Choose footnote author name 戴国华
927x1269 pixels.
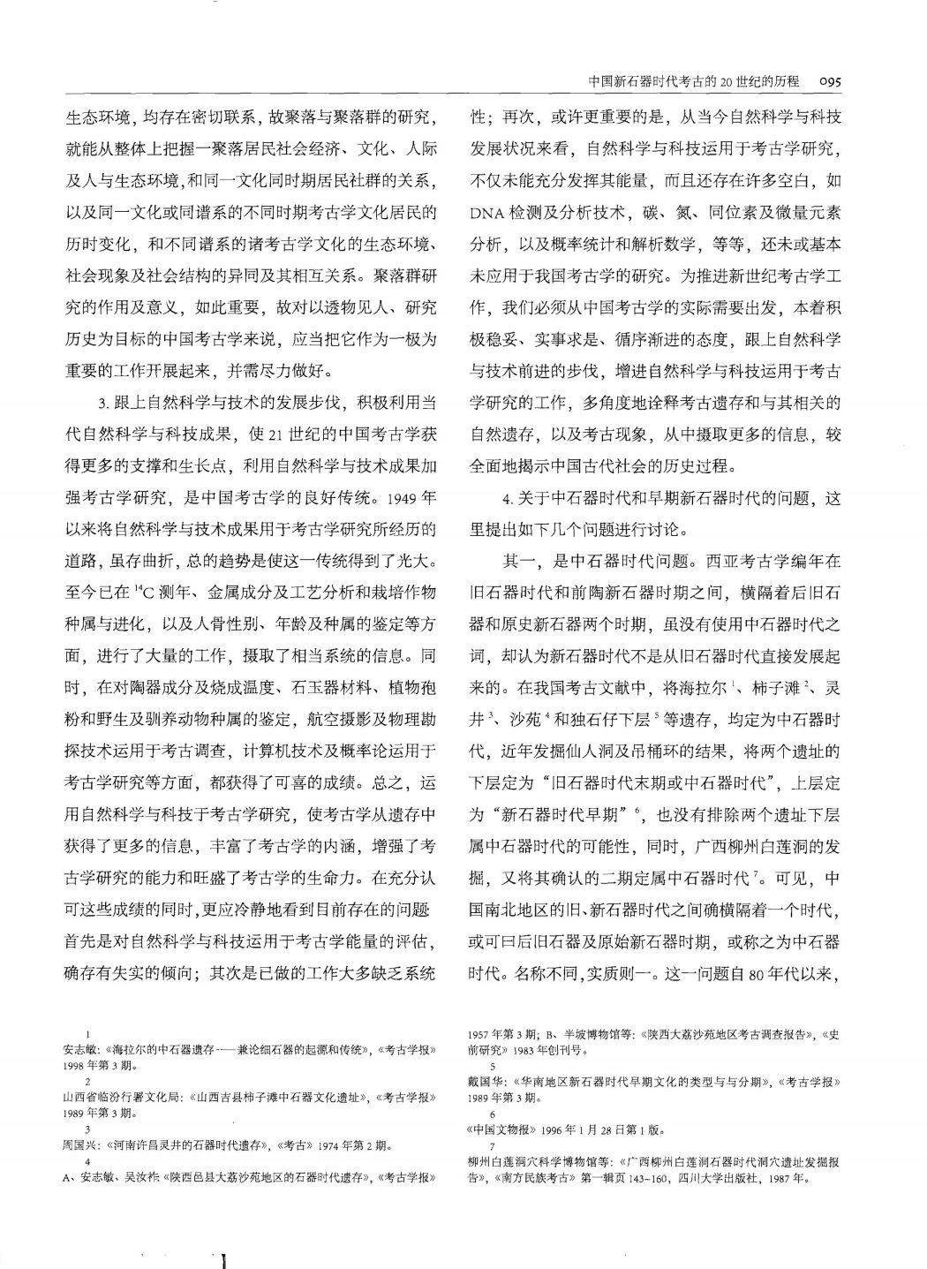(x=482, y=1082)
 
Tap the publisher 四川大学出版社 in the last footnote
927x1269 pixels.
(x=721, y=1177)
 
